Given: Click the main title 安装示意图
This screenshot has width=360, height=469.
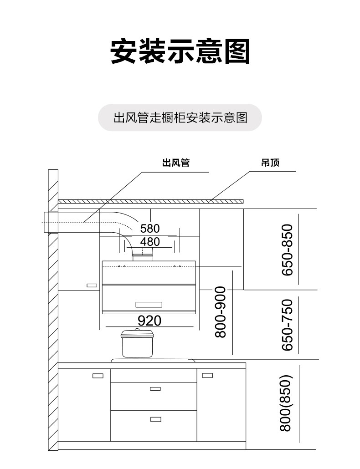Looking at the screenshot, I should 180,52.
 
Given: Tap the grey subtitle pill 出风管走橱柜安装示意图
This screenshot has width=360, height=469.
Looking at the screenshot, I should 180,118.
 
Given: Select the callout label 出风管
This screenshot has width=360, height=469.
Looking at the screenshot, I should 175,163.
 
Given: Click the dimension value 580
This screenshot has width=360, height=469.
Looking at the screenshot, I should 150,228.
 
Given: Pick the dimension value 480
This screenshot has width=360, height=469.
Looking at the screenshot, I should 150,241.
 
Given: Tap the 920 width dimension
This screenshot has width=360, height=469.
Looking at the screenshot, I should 149,321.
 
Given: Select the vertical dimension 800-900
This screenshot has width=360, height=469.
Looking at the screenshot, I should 221,312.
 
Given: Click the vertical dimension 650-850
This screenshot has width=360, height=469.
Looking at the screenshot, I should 288,250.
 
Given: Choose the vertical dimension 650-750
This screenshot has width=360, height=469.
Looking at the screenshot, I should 288,325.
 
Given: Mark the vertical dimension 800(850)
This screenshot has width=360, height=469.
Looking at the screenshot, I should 286,403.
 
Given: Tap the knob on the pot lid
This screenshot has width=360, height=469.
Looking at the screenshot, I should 138,330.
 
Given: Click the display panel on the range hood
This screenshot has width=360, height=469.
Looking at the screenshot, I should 149,304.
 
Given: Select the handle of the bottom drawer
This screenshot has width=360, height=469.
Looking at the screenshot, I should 155,418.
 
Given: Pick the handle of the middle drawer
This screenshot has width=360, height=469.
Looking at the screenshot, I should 155,388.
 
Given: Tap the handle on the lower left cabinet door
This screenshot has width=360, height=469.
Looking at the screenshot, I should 98,376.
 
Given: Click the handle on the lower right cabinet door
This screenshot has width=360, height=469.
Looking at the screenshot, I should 207,376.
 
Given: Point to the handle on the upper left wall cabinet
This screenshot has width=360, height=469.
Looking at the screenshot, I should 92,285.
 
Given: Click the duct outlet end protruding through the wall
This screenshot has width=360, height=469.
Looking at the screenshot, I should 45,223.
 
